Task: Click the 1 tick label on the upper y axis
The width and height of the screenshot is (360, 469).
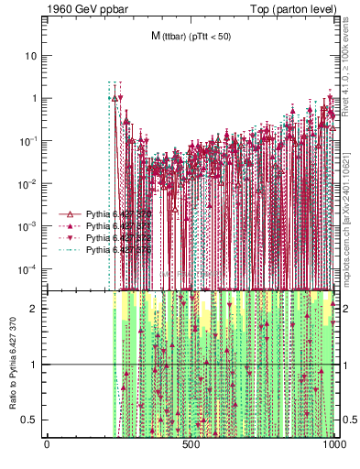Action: [34, 98]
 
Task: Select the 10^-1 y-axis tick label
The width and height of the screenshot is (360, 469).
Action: [29, 140]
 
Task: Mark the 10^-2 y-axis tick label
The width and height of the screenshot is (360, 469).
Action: [29, 183]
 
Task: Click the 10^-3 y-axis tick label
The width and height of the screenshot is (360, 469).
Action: [29, 225]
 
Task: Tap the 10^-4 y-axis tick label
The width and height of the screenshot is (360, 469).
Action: [29, 268]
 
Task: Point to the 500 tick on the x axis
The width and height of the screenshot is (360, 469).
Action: [191, 445]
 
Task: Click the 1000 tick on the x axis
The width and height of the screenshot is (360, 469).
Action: [334, 445]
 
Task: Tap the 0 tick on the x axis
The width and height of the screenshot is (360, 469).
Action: [47, 445]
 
